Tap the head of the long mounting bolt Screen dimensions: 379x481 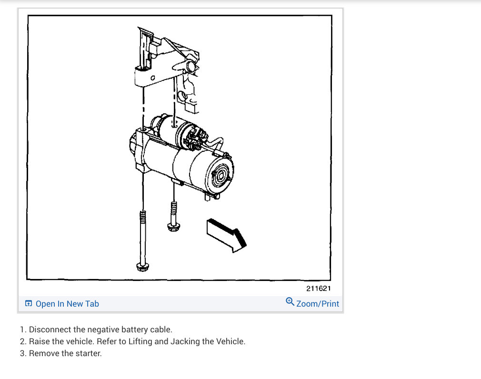point(142,267)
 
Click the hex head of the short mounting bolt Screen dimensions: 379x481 point(173,227)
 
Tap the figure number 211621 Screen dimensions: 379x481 point(319,288)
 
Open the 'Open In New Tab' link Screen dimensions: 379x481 point(67,304)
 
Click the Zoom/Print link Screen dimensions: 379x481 point(318,304)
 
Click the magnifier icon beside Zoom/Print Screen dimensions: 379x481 point(290,302)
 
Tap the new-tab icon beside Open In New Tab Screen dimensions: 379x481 point(29,304)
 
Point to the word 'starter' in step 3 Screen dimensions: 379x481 point(89,353)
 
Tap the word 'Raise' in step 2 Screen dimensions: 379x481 point(39,341)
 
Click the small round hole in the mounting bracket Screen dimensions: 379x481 point(152,78)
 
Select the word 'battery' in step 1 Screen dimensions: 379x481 point(122,329)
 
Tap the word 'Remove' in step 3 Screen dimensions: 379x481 point(43,353)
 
